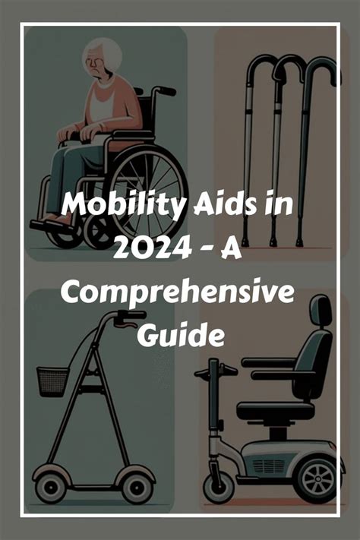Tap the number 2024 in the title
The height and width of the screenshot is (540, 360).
tap(152, 248)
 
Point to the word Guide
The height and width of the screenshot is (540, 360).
tap(181, 334)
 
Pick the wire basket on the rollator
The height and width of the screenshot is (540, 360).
tap(53, 381)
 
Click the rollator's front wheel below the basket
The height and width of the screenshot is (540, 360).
tap(51, 488)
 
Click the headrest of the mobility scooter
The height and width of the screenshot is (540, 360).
tap(321, 310)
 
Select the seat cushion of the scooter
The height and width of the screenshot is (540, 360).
tap(276, 411)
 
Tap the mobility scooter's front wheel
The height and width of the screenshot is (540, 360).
tap(219, 488)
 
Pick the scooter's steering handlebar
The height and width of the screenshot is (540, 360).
tap(216, 372)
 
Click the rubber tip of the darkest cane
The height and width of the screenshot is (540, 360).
tap(299, 242)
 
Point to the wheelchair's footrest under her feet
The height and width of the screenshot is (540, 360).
tap(52, 226)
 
